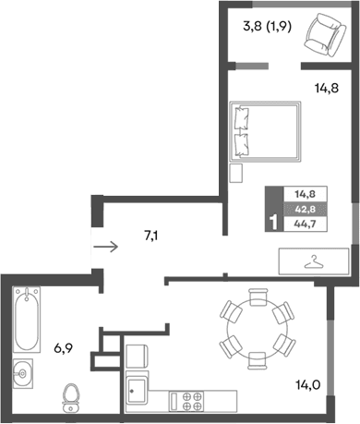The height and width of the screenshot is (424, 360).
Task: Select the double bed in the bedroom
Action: pos(265,130)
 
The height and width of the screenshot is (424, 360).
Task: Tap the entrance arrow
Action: pos(106,247)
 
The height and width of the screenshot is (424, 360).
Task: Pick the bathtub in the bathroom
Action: pos(27,320)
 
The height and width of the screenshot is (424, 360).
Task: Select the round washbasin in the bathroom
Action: pos(25,374)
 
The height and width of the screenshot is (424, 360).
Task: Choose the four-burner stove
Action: pos(193,401)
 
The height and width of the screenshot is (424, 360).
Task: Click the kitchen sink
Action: pos(138,392)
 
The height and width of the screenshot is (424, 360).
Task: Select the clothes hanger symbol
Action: pos(314,261)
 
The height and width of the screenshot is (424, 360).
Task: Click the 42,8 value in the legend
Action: pos(305,208)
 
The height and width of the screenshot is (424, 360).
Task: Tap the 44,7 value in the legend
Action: pos(305,224)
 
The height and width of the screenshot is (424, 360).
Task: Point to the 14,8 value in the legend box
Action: pos(305,193)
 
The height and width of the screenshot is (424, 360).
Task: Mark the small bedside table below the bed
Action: pos(237,172)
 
